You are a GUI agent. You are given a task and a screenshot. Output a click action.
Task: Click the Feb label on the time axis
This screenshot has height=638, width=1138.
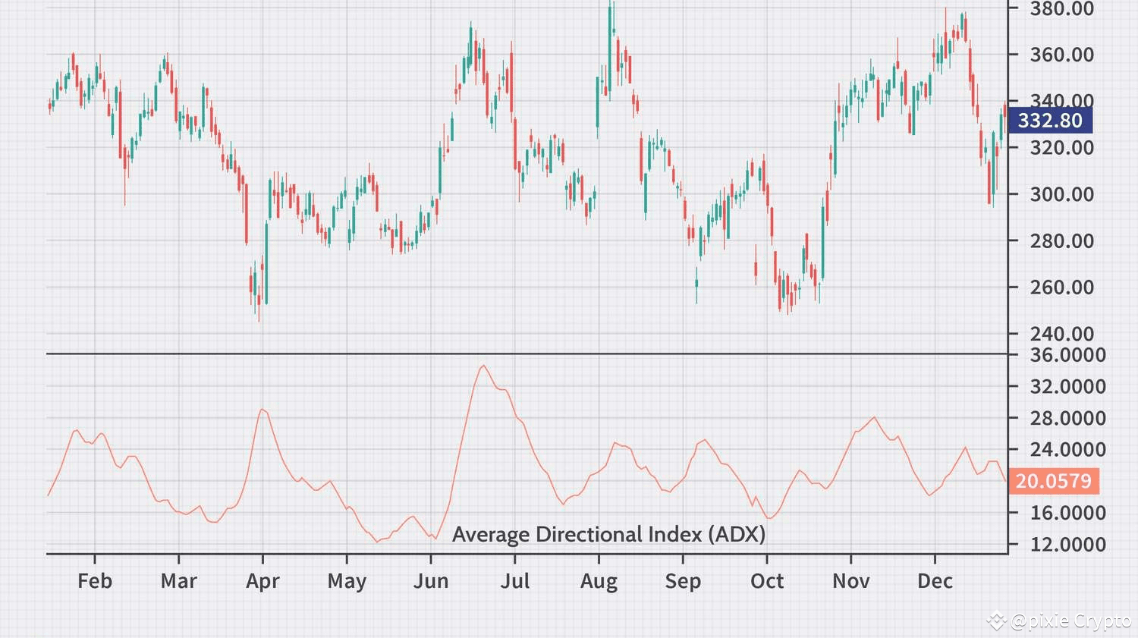pyautogui.click(x=95, y=580)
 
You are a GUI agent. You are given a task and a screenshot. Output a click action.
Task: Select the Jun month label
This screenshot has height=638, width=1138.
pyautogui.click(x=431, y=580)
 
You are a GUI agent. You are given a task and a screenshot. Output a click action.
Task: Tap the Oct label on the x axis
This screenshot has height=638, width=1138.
pyautogui.click(x=767, y=580)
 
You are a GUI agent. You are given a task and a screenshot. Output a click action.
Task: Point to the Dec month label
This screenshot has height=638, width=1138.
pyautogui.click(x=935, y=580)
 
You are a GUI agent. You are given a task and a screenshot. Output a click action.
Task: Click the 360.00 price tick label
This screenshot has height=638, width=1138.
pyautogui.click(x=1062, y=55)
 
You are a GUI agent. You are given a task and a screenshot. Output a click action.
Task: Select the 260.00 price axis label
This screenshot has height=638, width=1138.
pyautogui.click(x=1062, y=288)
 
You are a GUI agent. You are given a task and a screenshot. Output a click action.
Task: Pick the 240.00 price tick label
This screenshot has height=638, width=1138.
pyautogui.click(x=1062, y=334)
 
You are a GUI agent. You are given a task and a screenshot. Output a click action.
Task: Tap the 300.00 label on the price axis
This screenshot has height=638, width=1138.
pyautogui.click(x=1062, y=194)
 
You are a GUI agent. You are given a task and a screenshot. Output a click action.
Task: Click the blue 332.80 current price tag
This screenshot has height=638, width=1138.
pyautogui.click(x=1050, y=121)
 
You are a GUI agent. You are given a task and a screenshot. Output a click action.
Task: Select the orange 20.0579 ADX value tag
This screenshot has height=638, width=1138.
pyautogui.click(x=1054, y=480)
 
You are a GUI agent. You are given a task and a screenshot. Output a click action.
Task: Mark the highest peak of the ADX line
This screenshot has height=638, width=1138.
pyautogui.click(x=483, y=365)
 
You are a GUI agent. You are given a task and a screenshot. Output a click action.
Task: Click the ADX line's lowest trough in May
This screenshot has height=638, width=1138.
pyautogui.click(x=377, y=542)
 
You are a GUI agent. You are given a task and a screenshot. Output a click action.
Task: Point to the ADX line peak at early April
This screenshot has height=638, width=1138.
pyautogui.click(x=262, y=409)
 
